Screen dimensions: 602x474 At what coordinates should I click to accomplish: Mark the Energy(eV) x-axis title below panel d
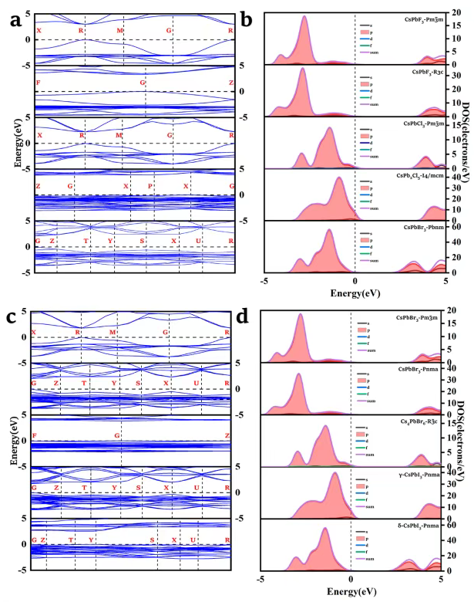351,590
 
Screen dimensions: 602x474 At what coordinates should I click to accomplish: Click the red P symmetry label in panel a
150,187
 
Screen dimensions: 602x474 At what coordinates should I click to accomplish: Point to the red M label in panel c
113,333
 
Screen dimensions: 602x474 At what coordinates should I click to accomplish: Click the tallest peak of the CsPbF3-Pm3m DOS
305,16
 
